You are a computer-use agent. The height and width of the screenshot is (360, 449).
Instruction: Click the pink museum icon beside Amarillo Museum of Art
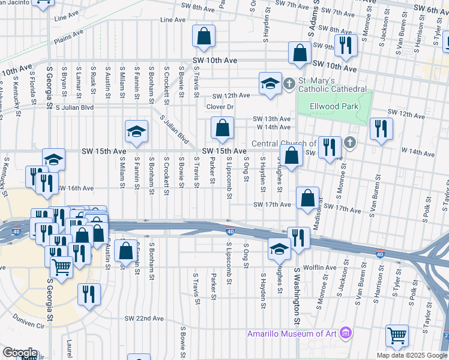345,332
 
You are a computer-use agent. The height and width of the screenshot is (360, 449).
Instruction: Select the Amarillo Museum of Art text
292,333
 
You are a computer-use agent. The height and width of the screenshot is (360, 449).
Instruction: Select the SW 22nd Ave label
144,318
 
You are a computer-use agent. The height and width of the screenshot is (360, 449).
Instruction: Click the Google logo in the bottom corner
19,353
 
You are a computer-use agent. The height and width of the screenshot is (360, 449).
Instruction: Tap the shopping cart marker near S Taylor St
397,335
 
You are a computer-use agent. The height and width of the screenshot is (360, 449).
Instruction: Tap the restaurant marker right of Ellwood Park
381,128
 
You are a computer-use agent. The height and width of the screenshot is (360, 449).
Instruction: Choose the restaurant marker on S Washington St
297,236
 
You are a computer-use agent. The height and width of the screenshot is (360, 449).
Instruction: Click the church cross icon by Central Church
350,143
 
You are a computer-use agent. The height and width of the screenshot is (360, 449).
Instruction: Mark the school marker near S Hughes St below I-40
279,248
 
